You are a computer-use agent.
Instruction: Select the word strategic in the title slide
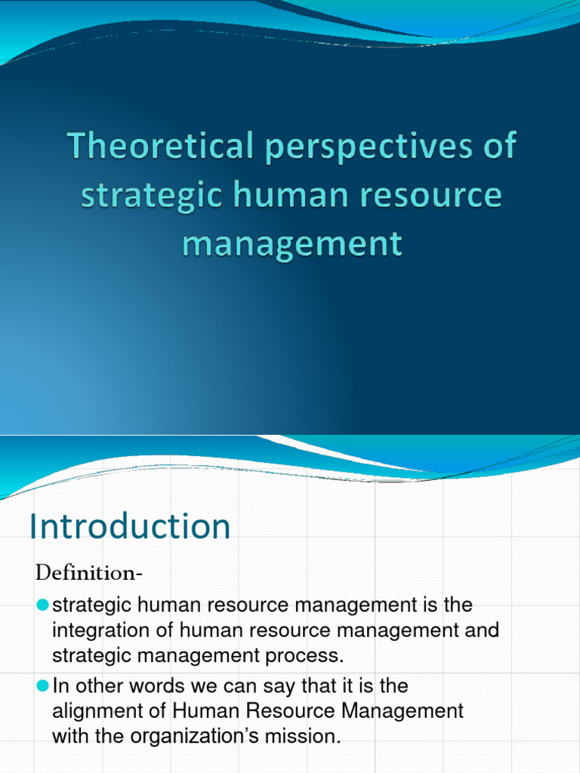(x=139, y=195)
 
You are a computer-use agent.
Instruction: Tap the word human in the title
(x=276, y=195)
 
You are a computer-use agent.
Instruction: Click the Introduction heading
(x=130, y=526)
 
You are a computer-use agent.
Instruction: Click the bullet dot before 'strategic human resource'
(x=42, y=605)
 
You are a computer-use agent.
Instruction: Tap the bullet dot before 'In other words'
(x=42, y=686)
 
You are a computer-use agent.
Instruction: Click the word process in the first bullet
(x=306, y=656)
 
